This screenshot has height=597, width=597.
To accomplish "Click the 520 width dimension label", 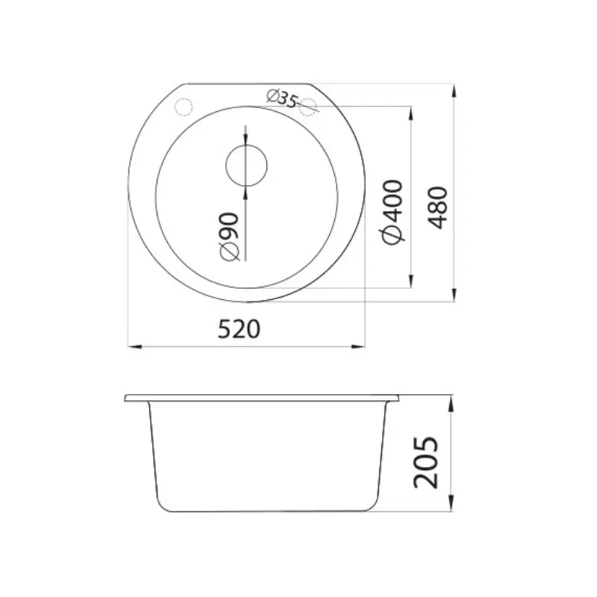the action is tap(239, 329).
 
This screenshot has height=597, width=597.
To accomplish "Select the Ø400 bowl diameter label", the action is tap(392, 212).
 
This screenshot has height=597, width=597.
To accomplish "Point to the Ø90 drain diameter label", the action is tap(230, 237).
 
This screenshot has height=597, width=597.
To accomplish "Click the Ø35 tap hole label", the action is tap(282, 98).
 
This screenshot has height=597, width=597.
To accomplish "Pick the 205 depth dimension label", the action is tap(425, 462).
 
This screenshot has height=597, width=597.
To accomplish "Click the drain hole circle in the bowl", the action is tap(246, 145).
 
